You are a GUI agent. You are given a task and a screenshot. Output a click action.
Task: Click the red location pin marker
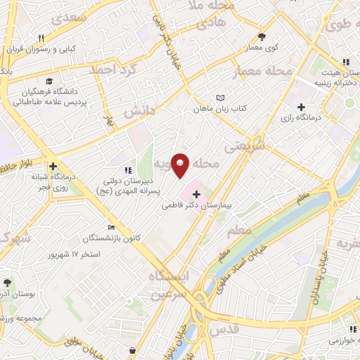pos(181,165)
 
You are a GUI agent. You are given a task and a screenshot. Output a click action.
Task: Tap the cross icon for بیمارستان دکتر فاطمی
pos(196,193)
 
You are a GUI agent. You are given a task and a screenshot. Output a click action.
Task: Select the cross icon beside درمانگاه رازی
pos(302,108)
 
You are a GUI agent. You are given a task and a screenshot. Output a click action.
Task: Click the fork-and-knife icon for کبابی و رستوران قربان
pos(41,39)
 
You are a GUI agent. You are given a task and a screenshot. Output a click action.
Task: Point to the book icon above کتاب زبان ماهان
pos(221,98)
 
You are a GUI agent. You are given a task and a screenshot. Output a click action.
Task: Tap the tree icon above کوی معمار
pos(262,37)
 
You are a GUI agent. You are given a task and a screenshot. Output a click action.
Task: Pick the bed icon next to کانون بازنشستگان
pos(111,227)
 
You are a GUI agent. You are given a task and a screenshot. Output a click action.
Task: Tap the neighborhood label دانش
pos(138,111)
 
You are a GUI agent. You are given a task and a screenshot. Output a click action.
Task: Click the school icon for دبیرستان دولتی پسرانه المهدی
pos(127,170)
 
